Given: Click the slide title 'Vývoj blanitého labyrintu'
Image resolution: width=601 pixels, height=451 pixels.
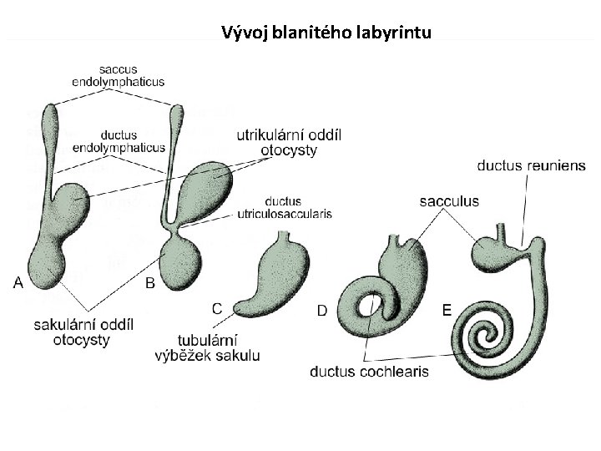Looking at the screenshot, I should (326, 33).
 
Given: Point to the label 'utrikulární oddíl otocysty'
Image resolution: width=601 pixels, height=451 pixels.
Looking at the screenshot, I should (289, 143).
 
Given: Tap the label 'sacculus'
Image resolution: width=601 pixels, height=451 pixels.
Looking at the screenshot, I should (449, 201).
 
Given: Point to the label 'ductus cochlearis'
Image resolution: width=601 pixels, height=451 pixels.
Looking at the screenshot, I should (369, 371).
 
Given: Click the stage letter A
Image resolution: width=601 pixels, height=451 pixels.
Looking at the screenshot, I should (18, 282).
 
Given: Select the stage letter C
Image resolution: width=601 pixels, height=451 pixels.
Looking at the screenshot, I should (216, 308).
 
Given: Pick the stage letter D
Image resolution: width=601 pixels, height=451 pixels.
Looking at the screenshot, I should (321, 311).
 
